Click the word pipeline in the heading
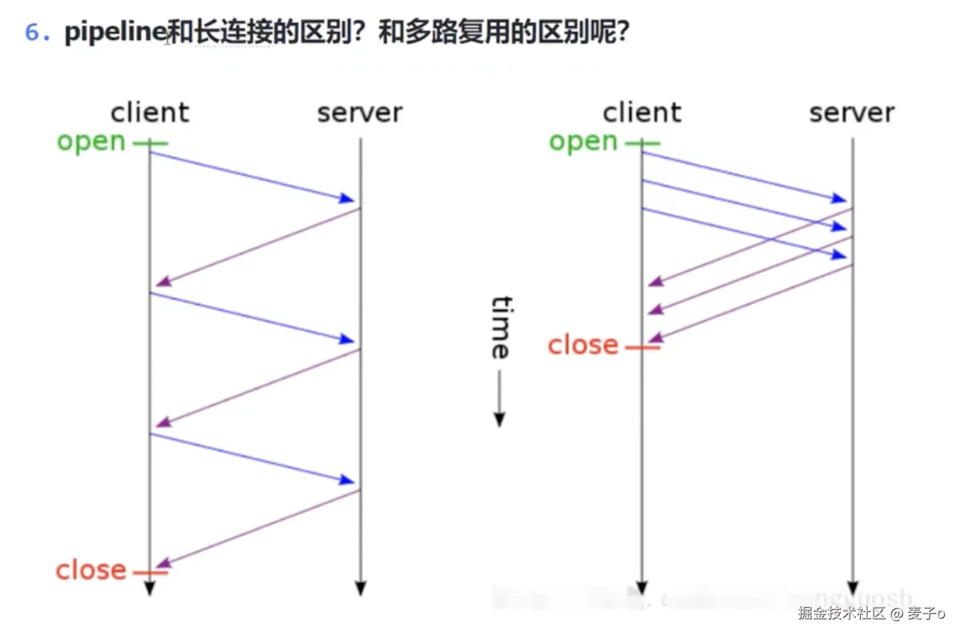[115, 32]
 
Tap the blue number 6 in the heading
[32, 32]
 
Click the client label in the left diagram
[150, 112]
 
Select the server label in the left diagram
[360, 112]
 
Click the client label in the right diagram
[642, 112]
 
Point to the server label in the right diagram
[852, 112]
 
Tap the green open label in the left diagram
[91, 142]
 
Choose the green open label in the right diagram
[583, 142]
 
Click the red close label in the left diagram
[91, 570]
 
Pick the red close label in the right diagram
[583, 345]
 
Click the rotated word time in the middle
[501, 327]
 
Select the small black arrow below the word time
[499, 418]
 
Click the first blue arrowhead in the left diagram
[348, 198]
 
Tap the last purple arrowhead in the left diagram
[163, 564]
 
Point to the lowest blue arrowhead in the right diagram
[839, 255]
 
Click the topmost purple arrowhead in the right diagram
[656, 282]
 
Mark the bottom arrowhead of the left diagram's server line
[360, 588]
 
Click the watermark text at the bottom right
[871, 613]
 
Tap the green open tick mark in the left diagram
[150, 143]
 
